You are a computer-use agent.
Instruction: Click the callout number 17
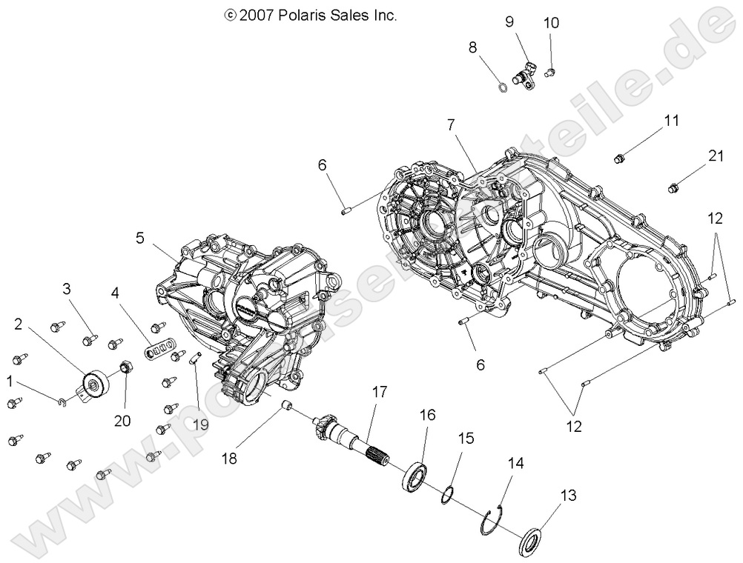pos(380,392)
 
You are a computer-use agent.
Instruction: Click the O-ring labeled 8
pos(503,88)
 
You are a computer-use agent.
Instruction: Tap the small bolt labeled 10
pos(551,71)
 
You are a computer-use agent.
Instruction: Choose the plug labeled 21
pos(675,187)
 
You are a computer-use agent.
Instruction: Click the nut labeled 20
pos(126,367)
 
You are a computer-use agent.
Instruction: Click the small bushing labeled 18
pos(288,406)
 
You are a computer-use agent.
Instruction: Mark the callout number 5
pos(139,238)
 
